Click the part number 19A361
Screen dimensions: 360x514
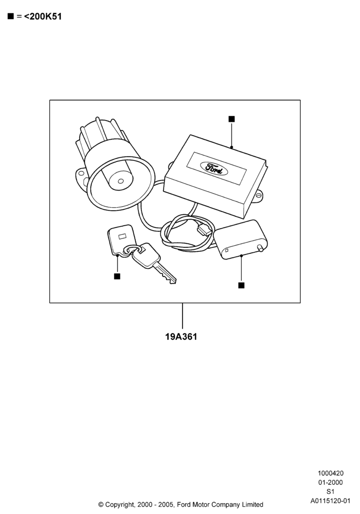click(181, 337)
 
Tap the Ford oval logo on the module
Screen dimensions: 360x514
click(214, 169)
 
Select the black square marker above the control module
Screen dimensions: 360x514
click(231, 119)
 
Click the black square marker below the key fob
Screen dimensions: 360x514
click(117, 277)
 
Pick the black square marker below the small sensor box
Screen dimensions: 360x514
click(241, 285)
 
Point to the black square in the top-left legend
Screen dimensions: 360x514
click(11, 16)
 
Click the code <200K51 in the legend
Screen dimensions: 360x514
click(43, 16)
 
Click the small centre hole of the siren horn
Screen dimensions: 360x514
click(121, 181)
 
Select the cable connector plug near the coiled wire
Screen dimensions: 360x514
click(204, 229)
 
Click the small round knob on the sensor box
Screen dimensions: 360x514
click(261, 249)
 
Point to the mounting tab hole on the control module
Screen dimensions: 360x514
click(259, 196)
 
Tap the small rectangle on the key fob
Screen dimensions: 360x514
click(122, 235)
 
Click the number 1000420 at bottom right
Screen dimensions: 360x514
click(331, 473)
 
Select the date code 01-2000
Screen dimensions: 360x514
click(331, 482)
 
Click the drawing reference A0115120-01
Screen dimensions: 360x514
click(331, 501)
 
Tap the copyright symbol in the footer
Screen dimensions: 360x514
click(101, 505)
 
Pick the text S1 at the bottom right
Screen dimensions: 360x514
click(331, 491)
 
